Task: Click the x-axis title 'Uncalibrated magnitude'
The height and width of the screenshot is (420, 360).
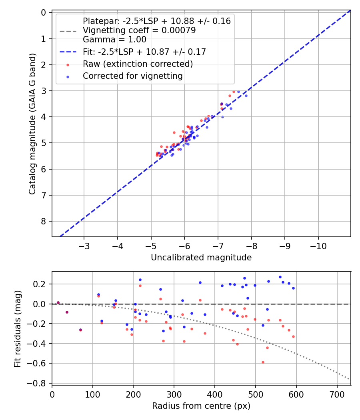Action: point(201,258)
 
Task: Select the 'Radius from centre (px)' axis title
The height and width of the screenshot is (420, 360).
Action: point(201,406)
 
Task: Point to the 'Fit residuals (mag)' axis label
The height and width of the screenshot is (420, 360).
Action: point(17,328)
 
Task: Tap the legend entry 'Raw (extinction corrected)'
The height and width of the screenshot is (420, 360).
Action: point(138,64)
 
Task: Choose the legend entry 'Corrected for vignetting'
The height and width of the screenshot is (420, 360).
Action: point(132,76)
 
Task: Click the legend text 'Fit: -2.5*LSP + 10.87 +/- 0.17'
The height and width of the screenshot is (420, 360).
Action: point(144,52)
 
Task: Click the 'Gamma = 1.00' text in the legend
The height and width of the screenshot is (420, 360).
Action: point(114,40)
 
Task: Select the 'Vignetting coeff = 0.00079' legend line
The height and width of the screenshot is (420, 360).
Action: point(139,30)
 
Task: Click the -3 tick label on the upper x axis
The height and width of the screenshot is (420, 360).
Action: point(84,245)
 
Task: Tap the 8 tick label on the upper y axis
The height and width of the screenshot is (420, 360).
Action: point(44,221)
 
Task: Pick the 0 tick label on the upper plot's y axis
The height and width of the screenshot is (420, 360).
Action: point(44,13)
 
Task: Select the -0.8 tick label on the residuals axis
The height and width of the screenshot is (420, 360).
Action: point(40,383)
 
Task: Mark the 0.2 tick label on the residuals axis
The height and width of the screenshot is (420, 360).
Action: point(42,284)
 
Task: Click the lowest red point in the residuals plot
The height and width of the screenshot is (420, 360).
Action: point(263,362)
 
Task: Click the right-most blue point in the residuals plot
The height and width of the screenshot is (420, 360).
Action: point(293,288)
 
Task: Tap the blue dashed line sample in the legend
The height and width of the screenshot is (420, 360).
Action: point(68,52)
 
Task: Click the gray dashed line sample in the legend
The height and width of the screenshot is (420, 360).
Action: point(68,31)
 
